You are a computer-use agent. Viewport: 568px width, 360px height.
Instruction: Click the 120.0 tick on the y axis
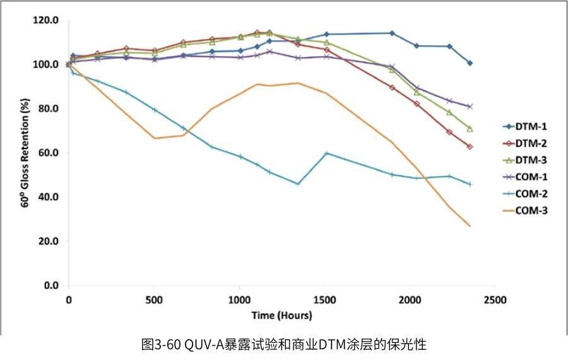point(45,20)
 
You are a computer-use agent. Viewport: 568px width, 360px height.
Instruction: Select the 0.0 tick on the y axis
point(50,285)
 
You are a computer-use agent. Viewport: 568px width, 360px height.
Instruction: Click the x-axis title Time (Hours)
point(281,315)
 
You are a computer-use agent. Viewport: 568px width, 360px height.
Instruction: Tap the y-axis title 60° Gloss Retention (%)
point(27,152)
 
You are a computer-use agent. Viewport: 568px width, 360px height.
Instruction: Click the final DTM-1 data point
point(470,63)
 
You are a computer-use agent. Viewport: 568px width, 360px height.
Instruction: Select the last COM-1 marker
point(470,106)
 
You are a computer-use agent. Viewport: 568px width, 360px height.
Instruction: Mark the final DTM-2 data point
point(470,147)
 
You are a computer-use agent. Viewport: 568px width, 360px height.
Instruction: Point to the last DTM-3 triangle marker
point(470,128)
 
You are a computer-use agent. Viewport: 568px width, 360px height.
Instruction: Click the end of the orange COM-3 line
point(470,225)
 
